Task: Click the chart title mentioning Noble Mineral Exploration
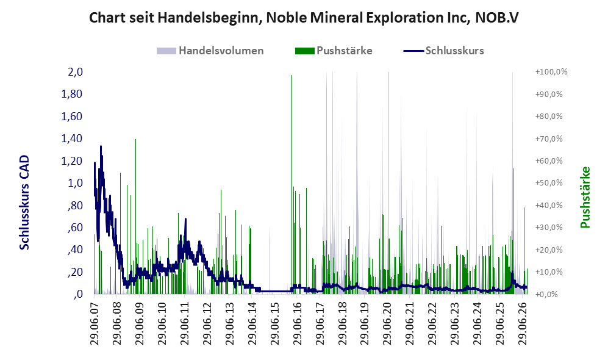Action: (304, 18)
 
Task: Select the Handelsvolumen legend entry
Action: (210, 51)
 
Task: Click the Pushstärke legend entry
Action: (334, 51)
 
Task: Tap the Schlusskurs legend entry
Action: (443, 51)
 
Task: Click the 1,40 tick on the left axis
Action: (72, 139)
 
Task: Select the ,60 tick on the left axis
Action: (75, 228)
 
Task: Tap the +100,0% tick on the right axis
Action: (551, 72)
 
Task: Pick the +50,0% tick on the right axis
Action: (549, 182)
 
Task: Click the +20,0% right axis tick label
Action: (549, 250)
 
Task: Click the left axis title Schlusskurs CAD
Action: (24, 202)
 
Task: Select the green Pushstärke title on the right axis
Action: (585, 197)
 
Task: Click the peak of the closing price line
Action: (101, 146)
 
